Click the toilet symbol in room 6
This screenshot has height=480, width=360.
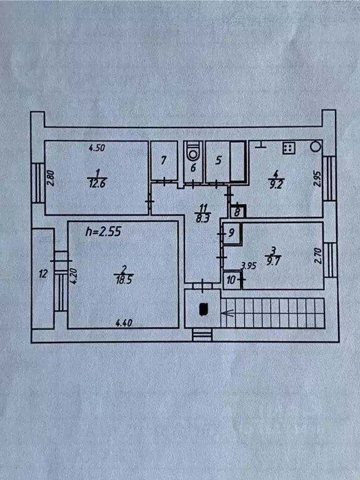(193, 151)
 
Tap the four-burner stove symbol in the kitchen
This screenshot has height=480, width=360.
(289, 148)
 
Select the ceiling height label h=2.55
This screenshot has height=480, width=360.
(103, 231)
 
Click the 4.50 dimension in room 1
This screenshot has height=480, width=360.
(97, 148)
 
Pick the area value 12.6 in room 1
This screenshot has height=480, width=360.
(97, 184)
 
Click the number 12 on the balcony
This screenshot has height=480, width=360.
(43, 273)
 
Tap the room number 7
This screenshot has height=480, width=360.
(164, 160)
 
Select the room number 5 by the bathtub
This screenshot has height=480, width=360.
(218, 160)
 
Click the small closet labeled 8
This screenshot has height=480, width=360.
(238, 211)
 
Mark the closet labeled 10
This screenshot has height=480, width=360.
(232, 280)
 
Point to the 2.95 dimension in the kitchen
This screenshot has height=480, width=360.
(317, 179)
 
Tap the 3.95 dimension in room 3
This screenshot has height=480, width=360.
(248, 266)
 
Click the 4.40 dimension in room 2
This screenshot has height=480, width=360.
(124, 322)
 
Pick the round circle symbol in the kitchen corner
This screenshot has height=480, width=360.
(315, 147)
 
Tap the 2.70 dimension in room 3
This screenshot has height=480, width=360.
(318, 256)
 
